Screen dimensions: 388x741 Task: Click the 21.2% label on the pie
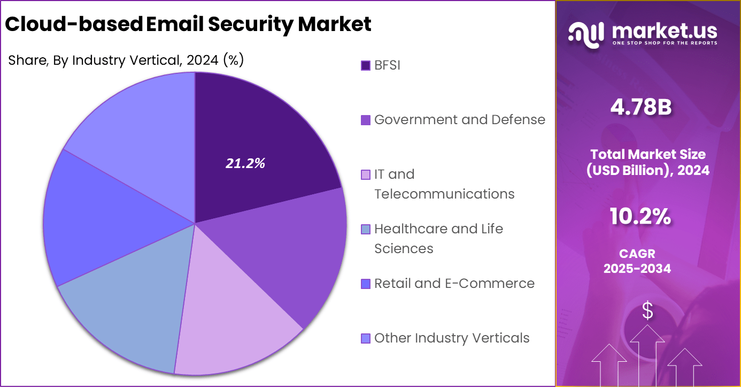point(245,164)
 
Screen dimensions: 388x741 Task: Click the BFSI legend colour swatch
point(366,66)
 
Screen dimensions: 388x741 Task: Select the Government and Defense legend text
point(459,120)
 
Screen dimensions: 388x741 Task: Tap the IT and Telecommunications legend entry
point(444,184)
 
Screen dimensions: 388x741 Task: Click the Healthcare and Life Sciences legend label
point(438,239)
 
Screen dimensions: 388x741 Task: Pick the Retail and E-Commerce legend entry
point(454,284)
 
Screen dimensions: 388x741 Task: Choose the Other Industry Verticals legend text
point(452,338)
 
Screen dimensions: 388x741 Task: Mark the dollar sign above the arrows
point(647,311)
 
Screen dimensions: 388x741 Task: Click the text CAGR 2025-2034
point(637,261)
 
